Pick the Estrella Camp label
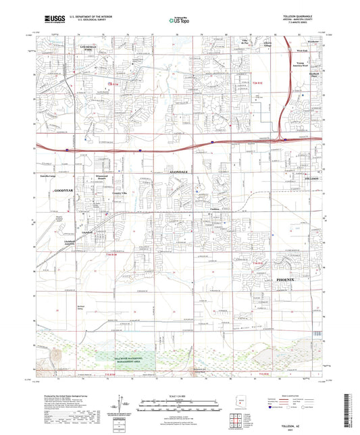53,175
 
